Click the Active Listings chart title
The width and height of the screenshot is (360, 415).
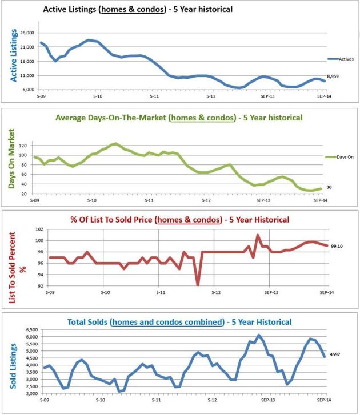138,10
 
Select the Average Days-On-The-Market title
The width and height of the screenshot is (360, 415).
178,118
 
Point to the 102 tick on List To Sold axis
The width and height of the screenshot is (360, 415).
39,229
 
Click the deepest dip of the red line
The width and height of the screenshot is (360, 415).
198,284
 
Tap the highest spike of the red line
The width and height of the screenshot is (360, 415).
258,235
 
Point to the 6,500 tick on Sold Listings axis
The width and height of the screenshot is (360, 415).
31,330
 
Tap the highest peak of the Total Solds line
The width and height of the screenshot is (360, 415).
258,335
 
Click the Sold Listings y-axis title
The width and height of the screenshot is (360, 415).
13,362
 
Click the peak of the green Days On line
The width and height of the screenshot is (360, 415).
115,144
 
